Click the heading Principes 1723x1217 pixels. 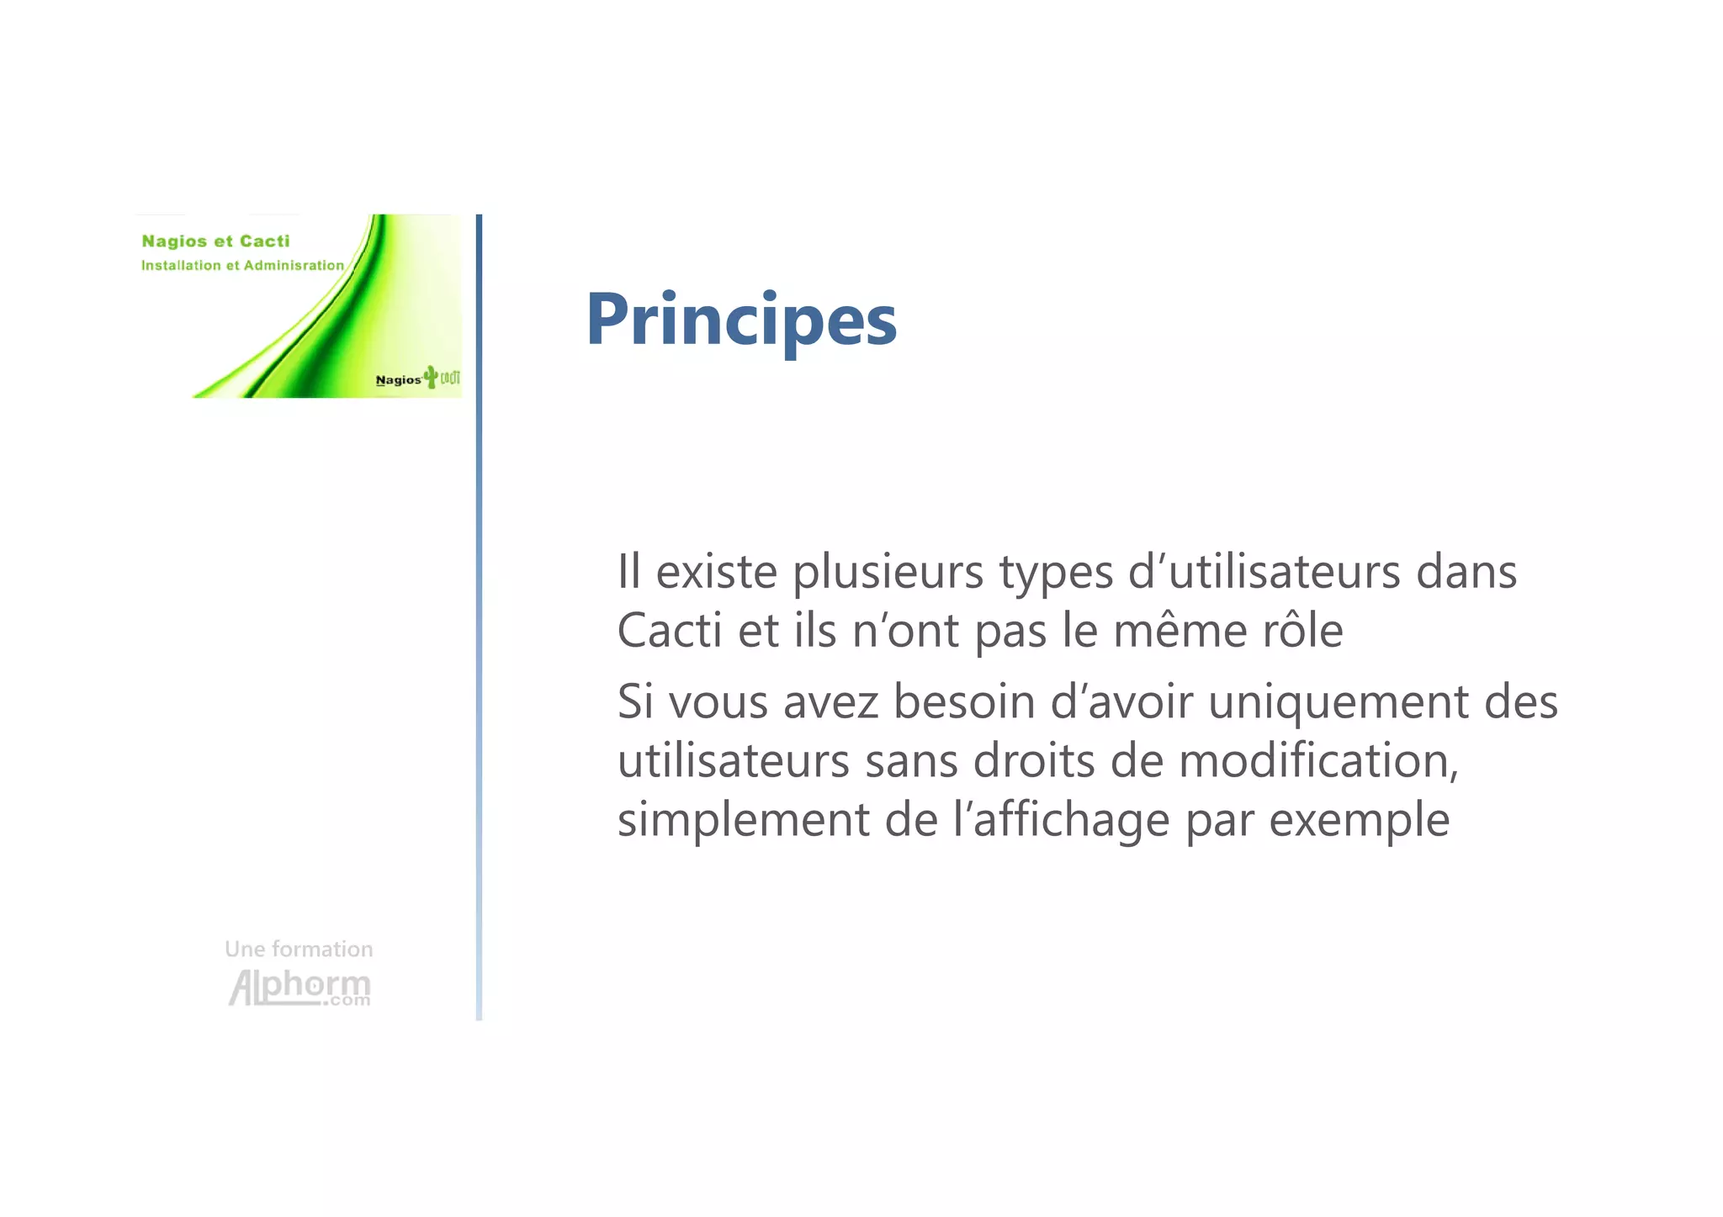[741, 320]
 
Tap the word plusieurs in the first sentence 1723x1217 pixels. [888, 572]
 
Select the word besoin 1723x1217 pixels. [963, 701]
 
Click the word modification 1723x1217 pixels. [1317, 760]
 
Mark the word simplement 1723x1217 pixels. [744, 821]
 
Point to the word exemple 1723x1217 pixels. [1359, 821]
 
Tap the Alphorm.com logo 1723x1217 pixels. [300, 987]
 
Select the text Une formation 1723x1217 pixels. [299, 949]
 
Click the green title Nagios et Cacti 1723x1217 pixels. [215, 241]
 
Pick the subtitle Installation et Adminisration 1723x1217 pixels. [242, 265]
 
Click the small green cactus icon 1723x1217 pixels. [431, 377]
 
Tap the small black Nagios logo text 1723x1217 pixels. [398, 380]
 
